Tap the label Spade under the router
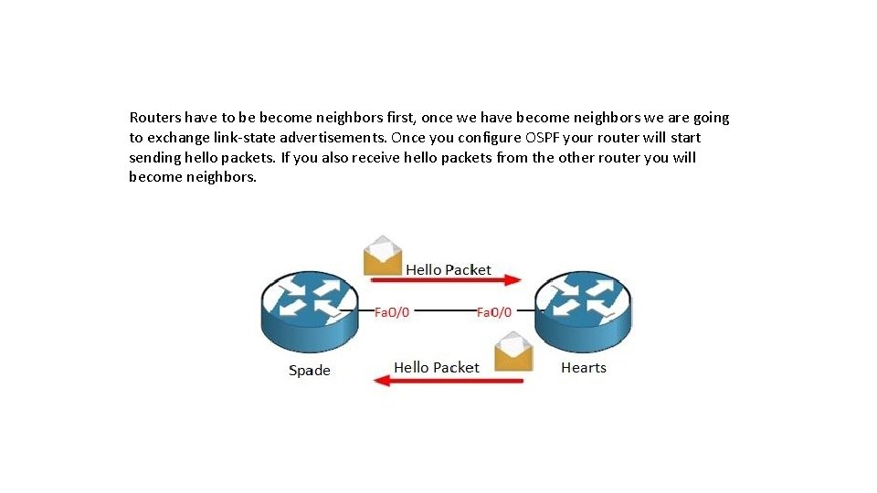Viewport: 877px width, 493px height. [x=309, y=370]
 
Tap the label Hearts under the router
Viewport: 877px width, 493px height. [x=584, y=367]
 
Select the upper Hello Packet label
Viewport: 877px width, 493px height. [x=448, y=269]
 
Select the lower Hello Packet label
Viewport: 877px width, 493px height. [x=436, y=367]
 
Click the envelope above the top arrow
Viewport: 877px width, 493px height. [x=382, y=257]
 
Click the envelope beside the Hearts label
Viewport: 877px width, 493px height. [x=513, y=352]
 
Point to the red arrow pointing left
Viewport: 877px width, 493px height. [x=448, y=380]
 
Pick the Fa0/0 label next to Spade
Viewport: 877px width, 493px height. [x=392, y=311]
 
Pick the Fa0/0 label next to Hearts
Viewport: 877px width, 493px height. [x=494, y=311]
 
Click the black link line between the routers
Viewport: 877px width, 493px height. [x=443, y=311]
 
